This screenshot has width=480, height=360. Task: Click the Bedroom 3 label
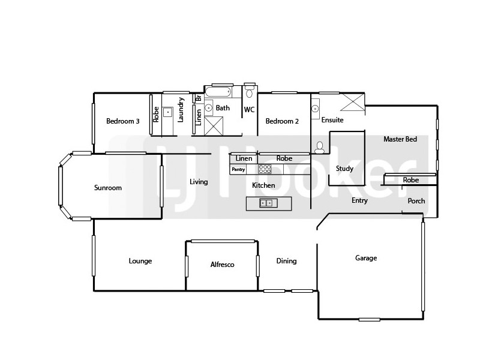(123, 121)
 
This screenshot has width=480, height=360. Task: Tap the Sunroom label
(108, 188)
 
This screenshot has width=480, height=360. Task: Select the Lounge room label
(140, 261)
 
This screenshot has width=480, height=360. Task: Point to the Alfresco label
(222, 265)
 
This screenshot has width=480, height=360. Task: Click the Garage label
(366, 258)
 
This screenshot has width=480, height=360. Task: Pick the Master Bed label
(400, 139)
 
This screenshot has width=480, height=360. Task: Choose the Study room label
(344, 169)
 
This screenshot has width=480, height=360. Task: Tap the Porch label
(416, 200)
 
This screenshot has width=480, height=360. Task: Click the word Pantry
(238, 169)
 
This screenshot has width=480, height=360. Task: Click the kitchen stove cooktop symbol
(265, 169)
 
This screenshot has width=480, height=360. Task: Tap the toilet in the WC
(250, 92)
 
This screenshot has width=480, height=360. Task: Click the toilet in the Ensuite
(319, 146)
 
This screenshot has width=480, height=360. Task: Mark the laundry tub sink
(167, 112)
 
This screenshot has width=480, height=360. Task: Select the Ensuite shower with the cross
(352, 103)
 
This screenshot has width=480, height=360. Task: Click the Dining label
(286, 261)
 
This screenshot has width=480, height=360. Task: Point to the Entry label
(359, 200)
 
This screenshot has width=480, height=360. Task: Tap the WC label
(250, 110)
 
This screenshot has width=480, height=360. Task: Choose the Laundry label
(181, 110)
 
